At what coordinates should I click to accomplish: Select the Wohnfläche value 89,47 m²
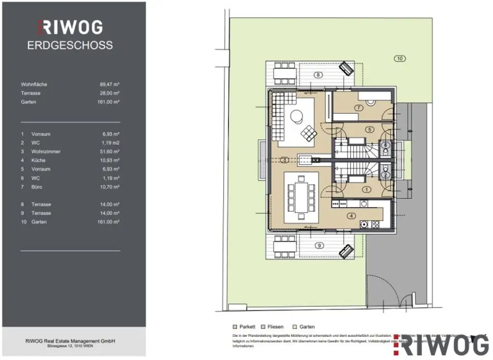point(110,84)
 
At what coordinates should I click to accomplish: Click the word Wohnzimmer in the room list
point(46,152)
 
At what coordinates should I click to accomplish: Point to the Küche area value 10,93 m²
point(110,160)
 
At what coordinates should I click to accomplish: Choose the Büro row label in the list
point(37,187)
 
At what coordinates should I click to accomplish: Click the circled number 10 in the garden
point(399,59)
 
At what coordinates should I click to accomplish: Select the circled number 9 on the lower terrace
point(318,245)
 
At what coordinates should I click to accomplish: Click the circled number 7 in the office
point(359,108)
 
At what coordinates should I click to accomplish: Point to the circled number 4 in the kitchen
point(351,216)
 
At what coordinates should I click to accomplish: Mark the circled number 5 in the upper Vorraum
point(369,129)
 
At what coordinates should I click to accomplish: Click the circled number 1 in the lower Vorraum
point(366,190)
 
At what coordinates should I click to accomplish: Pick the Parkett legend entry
point(246,327)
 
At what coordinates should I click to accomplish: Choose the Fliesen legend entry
point(273,327)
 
